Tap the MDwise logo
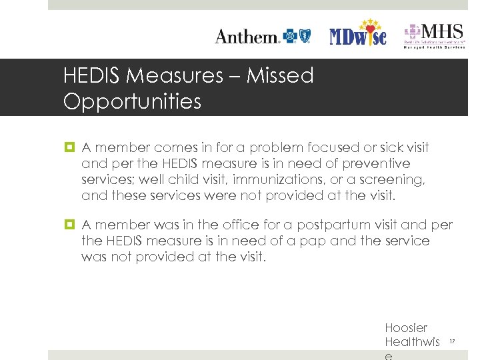coord(358,35)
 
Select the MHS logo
coord(433,35)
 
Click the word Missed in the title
coord(280,76)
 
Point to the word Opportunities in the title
coord(132,101)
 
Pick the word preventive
coord(377,163)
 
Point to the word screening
coord(393,179)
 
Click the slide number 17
coord(451,342)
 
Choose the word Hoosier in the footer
coord(406,328)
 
